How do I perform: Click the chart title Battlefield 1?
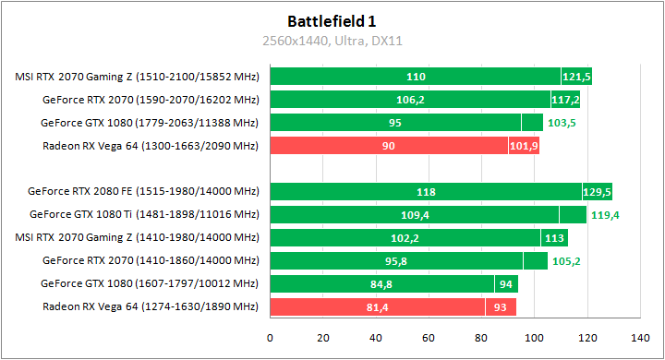pyautogui.click(x=332, y=20)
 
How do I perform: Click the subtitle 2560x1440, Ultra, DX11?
pyautogui.click(x=332, y=41)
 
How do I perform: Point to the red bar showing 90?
pyautogui.click(x=389, y=146)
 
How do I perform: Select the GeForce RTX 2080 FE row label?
pyautogui.click(x=144, y=192)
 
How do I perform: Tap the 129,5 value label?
pyautogui.click(x=597, y=192)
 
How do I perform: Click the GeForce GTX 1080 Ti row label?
pyautogui.click(x=144, y=215)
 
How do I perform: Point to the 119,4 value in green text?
pyautogui.click(x=605, y=215)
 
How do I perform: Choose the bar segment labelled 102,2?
pyautogui.click(x=405, y=238)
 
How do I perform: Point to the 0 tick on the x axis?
pyautogui.click(x=270, y=338)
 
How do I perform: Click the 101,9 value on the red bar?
pyautogui.click(x=524, y=146)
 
